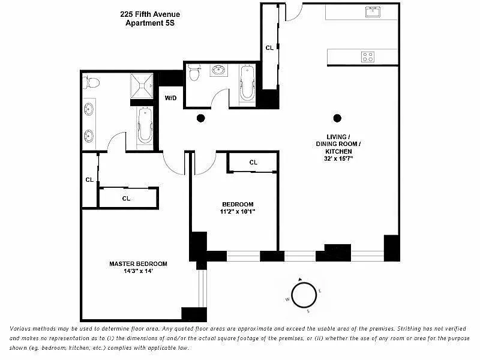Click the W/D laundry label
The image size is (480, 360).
pyautogui.click(x=170, y=98)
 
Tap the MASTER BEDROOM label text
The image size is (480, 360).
pyautogui.click(x=139, y=264)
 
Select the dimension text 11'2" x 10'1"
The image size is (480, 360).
pyautogui.click(x=238, y=212)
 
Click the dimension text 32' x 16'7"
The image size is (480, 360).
pyautogui.click(x=338, y=158)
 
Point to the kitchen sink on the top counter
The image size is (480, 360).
pyautogui.click(x=373, y=12)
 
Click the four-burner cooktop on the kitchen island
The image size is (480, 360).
pyautogui.click(x=368, y=57)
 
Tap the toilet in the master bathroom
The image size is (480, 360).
pyautogui.click(x=91, y=82)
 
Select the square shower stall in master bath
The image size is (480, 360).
pyautogui.click(x=142, y=86)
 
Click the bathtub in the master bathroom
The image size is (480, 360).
pyautogui.click(x=145, y=125)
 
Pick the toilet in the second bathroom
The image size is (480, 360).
pyautogui.click(x=194, y=73)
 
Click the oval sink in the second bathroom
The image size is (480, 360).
pyautogui.click(x=218, y=70)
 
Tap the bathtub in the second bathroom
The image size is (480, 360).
pyautogui.click(x=247, y=83)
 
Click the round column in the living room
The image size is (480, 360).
pyautogui.click(x=337, y=118)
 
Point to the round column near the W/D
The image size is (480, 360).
pyautogui.click(x=201, y=118)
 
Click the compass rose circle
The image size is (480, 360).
pyautogui.click(x=304, y=295)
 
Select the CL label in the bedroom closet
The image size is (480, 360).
pyautogui.click(x=253, y=162)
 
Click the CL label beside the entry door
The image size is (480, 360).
pyautogui.click(x=269, y=48)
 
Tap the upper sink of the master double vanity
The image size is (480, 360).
pyautogui.click(x=89, y=109)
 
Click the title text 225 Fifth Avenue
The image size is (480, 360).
pyautogui.click(x=150, y=14)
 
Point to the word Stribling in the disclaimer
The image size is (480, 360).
pyautogui.click(x=410, y=329)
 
